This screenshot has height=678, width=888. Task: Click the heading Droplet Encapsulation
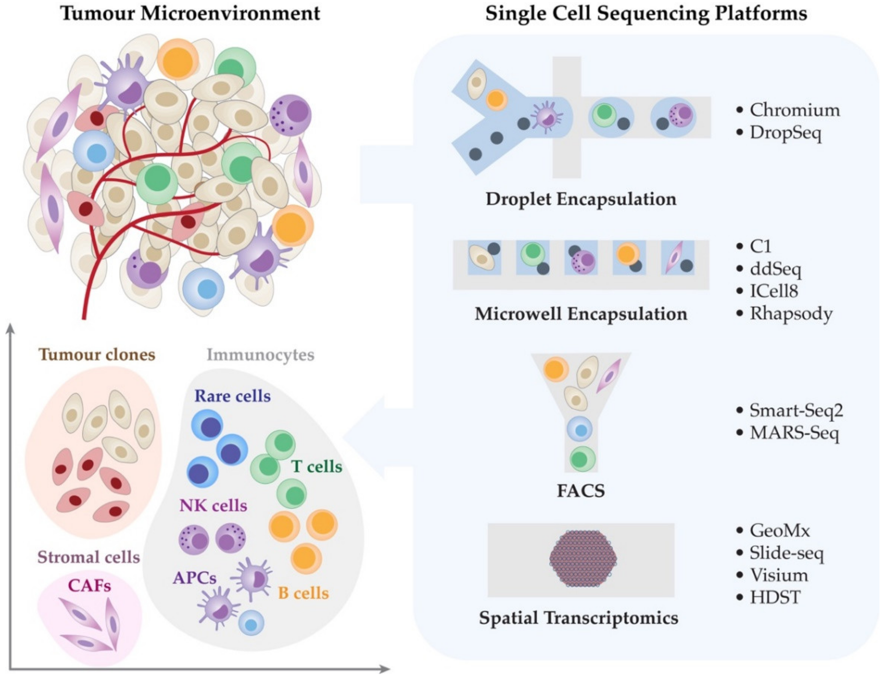coord(581,199)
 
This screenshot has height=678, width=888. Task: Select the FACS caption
coord(581,491)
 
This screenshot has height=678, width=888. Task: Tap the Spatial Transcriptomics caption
coord(578,618)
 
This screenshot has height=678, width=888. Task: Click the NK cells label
coord(213,506)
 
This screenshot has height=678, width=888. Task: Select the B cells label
coord(303,593)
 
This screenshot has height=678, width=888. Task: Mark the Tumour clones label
coord(97,355)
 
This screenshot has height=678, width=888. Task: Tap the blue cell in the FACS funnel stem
coord(580,429)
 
